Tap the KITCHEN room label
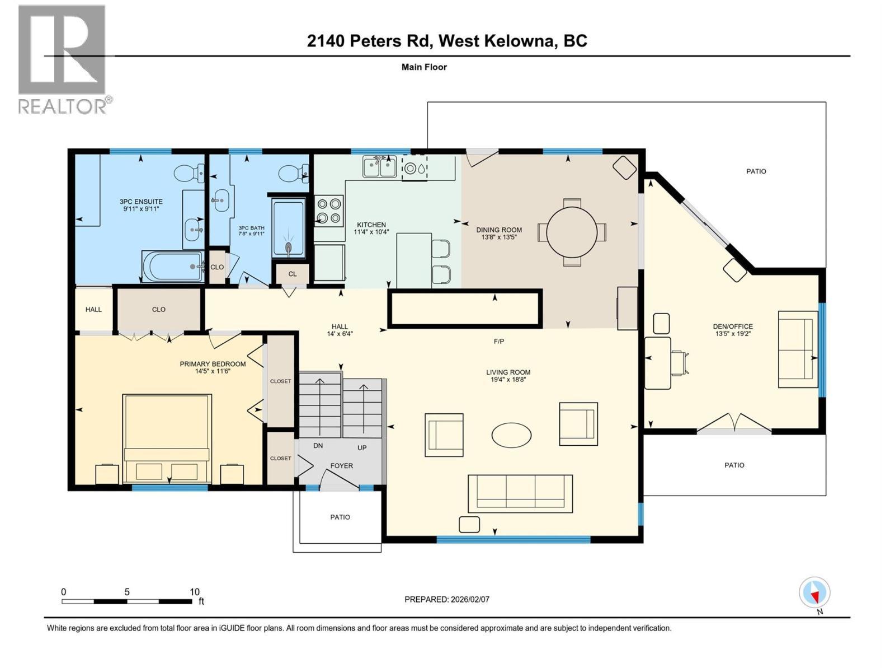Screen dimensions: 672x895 [x=371, y=225]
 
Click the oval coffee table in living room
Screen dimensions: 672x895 [x=511, y=435]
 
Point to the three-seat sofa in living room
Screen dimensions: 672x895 [x=520, y=493]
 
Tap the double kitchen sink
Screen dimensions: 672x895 [x=380, y=166]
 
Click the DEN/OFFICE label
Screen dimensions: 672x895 [x=733, y=326]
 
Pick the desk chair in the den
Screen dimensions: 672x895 [x=680, y=362]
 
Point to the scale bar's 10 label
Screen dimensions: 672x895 [x=194, y=592]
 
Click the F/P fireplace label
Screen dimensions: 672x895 [x=498, y=341]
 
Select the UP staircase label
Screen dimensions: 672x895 [x=362, y=448]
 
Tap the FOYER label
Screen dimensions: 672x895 [x=341, y=465]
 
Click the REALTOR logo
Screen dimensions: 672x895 [x=63, y=59]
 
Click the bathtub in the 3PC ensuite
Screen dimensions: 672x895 [x=172, y=267]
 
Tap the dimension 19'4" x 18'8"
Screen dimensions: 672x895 [x=508, y=379]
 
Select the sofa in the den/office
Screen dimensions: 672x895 [x=798, y=349]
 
